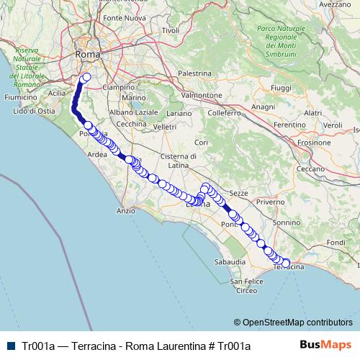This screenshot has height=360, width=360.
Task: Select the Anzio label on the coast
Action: (x=125, y=211)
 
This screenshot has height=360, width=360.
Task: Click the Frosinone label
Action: (x=313, y=142)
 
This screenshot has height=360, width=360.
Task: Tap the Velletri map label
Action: (x=165, y=127)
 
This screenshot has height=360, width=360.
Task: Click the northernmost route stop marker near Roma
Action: (x=87, y=77)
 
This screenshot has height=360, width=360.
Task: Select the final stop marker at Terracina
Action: (x=287, y=264)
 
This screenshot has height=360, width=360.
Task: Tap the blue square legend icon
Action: (x=9, y=346)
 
